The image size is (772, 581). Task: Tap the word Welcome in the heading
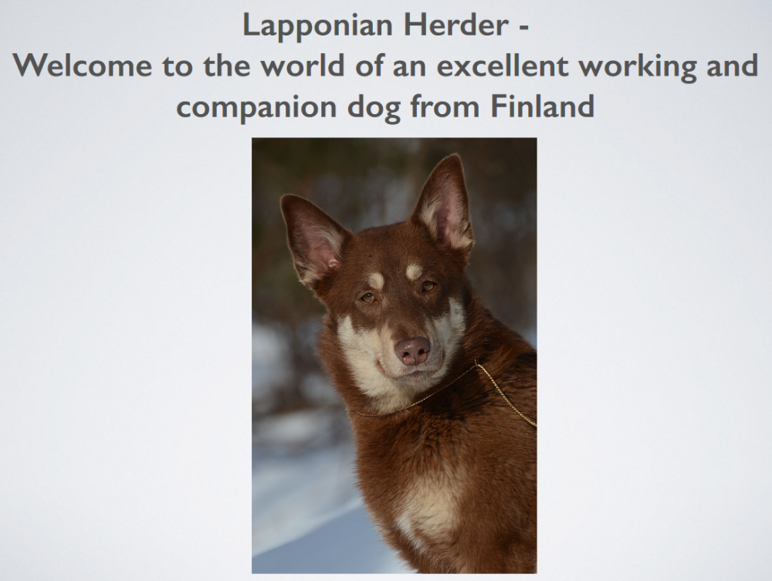coord(84,66)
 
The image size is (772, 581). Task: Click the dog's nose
coord(412,350)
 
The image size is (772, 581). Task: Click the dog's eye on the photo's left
coord(368,297)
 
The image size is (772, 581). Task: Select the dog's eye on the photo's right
coord(428,286)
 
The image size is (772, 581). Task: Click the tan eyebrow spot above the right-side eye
coord(415,271)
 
